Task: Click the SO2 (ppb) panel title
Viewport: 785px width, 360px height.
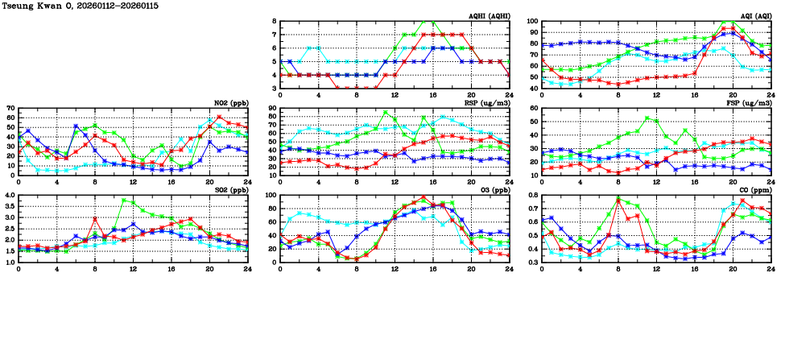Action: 234,190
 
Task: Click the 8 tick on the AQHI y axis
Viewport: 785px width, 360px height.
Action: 275,22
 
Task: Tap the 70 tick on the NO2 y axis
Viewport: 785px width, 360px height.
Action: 10,109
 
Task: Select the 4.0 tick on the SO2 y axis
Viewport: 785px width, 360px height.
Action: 9,196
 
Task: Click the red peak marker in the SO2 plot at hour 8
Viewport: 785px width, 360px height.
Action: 95,218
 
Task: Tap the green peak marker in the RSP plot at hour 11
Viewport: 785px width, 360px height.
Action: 386,113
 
